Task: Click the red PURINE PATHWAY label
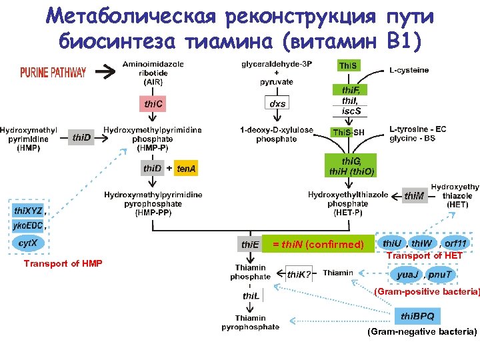pos(53,73)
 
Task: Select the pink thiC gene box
pos(154,105)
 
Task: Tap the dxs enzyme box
pos(277,104)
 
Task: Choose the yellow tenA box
pos(187,169)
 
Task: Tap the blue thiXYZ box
pos(28,211)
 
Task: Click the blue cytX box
pos(28,242)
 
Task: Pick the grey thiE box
pos(250,245)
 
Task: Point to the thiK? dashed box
pos(299,274)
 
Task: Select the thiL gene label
pos(251,295)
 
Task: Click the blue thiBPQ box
pos(417,315)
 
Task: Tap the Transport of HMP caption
pos(63,264)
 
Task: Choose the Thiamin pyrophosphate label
pos(250,323)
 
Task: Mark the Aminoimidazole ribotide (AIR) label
pos(153,73)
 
